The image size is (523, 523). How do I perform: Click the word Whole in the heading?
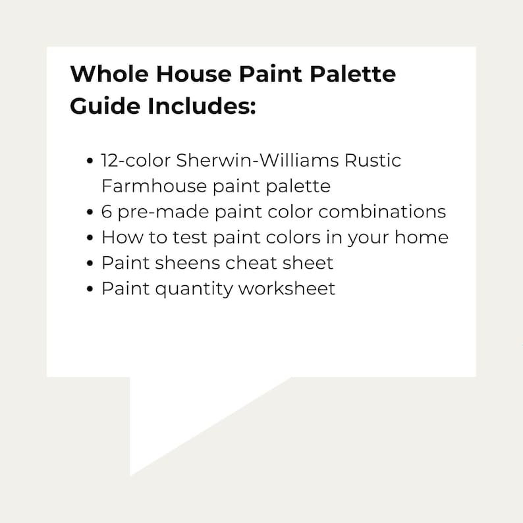pos(102,74)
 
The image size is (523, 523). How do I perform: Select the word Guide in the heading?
pos(101,107)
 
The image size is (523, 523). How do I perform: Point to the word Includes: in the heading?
pos(198,107)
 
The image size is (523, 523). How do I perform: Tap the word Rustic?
pos(375,161)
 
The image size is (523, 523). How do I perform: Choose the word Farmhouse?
pos(153,186)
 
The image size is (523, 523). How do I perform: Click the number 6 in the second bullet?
pos(107,211)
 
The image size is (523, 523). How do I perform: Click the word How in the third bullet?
pos(119,237)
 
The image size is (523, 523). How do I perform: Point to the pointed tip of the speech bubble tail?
pos(131,474)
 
